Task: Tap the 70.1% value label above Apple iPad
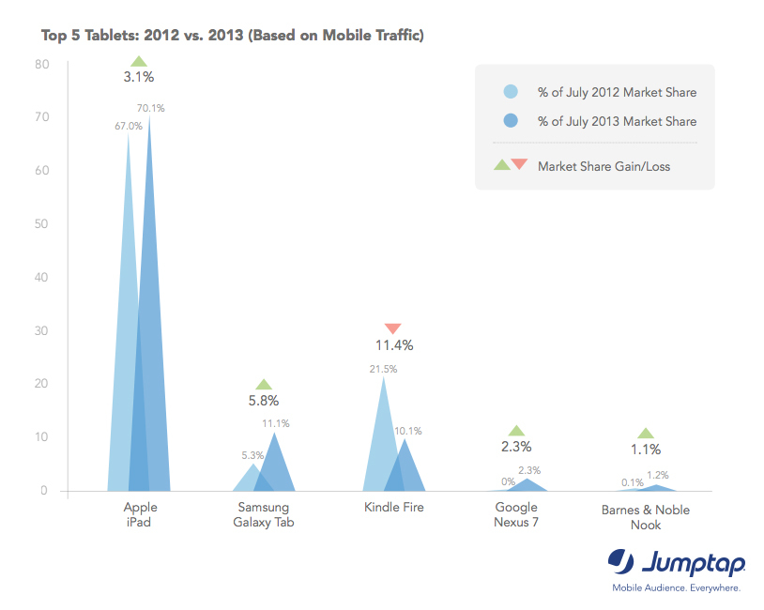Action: (150, 108)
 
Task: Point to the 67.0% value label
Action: (129, 126)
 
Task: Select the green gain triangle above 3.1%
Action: (138, 61)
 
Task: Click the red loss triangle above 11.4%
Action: (393, 328)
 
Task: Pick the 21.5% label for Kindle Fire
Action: (383, 369)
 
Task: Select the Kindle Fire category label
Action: (393, 508)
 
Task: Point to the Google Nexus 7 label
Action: (515, 514)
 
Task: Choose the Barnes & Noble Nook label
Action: (645, 517)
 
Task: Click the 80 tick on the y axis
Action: (42, 64)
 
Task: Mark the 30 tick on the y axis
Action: (42, 330)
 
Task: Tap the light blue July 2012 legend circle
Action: (512, 92)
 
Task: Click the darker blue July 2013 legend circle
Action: (512, 121)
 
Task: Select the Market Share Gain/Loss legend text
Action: (604, 166)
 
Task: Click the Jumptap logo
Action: (676, 565)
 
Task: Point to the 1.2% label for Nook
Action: (657, 475)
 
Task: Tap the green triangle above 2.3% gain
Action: (515, 430)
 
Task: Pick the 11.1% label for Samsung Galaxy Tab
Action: (275, 423)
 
